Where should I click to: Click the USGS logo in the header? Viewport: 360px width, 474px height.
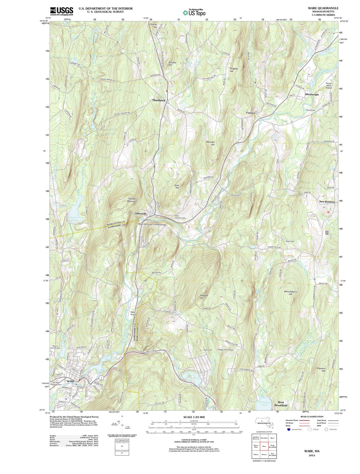click(61, 11)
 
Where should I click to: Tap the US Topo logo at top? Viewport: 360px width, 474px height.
click(194, 13)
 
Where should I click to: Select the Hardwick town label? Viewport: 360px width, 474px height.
click(159, 100)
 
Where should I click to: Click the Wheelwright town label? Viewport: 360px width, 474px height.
click(312, 94)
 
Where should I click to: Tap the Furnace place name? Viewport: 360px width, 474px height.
click(251, 113)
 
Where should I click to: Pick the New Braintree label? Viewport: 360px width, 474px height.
click(327, 202)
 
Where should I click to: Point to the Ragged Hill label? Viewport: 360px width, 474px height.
click(204, 297)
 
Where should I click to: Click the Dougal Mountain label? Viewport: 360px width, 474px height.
click(132, 200)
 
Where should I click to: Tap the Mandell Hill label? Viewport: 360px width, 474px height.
click(210, 143)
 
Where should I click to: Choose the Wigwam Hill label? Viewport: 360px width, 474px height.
click(321, 369)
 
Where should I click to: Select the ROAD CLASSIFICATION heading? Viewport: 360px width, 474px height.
click(311, 417)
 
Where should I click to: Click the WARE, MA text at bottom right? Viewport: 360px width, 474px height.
click(312, 451)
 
